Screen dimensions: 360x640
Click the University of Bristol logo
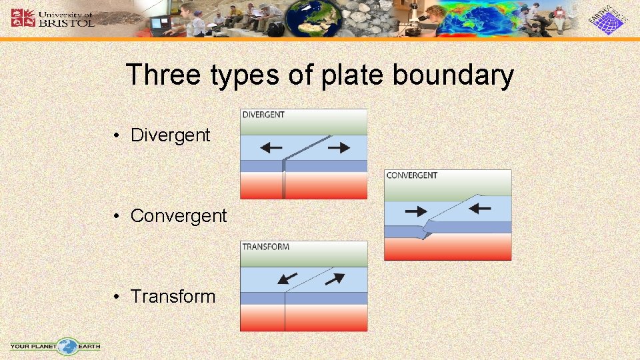pos(53,17)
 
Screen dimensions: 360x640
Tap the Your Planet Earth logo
pos(55,346)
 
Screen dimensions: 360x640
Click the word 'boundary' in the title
pos(453,75)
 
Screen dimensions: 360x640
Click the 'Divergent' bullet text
pos(170,135)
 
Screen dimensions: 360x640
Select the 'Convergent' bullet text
pos(179,216)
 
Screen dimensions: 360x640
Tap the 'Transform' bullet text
pos(173,297)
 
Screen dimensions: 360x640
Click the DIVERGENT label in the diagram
pos(263,115)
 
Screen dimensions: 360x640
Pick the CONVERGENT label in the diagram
pos(412,175)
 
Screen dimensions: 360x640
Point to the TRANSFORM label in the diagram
pos(265,247)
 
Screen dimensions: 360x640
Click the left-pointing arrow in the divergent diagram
pos(271,148)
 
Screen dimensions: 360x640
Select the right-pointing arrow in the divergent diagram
pos(339,148)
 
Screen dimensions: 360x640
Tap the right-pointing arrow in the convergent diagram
pos(416,211)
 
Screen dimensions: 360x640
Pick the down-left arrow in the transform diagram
pos(288,277)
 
